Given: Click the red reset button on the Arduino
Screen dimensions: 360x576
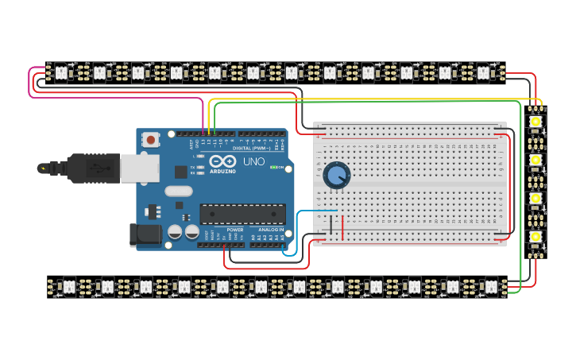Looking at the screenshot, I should coord(151,140).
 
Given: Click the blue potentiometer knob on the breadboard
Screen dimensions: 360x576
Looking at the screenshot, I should coord(336,175).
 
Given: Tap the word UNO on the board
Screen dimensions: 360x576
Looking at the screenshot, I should coord(253,161).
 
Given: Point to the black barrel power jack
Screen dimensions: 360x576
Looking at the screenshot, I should coord(144,233).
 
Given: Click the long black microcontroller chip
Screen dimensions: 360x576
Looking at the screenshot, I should coord(242,213).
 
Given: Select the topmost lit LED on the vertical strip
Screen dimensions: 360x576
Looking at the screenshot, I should coord(536,122).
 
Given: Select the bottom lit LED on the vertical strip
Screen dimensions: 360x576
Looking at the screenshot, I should coord(536,237).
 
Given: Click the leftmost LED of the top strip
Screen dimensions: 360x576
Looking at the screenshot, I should coord(60,72).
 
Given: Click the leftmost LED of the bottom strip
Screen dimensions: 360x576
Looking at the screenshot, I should coord(68,286).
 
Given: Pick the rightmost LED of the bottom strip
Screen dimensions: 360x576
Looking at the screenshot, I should coord(492,286).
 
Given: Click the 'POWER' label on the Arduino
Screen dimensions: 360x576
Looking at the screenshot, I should coord(235,230).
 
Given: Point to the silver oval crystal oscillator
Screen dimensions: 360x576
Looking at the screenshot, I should coord(179,191).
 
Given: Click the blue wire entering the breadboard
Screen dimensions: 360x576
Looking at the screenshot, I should coord(318,211).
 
